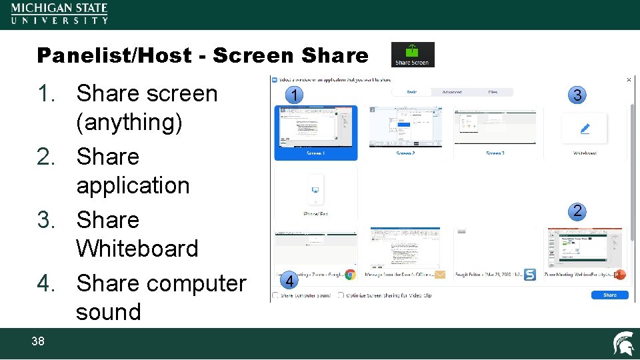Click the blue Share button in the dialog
coord(609,295)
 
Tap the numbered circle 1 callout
coord(294,96)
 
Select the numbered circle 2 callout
coord(577,212)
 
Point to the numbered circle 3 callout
coord(577,96)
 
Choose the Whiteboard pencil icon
coord(585,128)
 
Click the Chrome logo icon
coord(350,275)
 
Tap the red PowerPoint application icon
coord(620,275)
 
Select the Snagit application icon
coord(530,275)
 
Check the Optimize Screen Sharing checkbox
coord(341,295)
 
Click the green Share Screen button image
coord(413,55)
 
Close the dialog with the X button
coord(629,79)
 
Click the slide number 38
coord(38,341)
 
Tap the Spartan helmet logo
coord(623,343)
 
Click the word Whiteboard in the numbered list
coord(137,249)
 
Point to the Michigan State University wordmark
coord(59,13)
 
